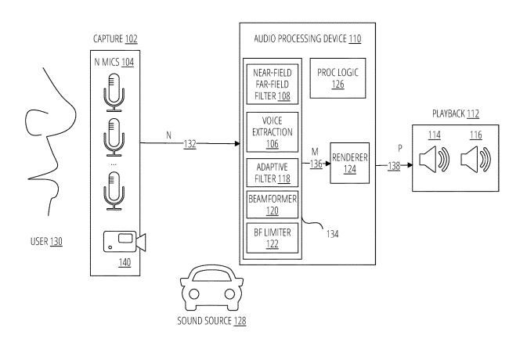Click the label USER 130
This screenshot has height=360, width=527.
pos(44,241)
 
